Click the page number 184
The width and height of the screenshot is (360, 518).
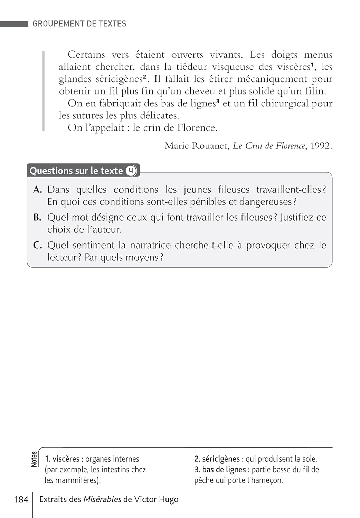(21, 499)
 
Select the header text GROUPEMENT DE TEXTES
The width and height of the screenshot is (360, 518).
(79, 24)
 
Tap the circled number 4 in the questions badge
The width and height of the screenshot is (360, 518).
(131, 171)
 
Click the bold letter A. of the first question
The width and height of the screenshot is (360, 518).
(38, 190)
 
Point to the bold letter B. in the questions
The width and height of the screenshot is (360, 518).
(37, 218)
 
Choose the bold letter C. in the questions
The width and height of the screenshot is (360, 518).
(37, 246)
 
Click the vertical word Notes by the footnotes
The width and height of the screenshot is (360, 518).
(34, 459)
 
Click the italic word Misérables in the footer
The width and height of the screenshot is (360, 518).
(102, 499)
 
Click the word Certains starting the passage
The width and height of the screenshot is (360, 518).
(86, 55)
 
